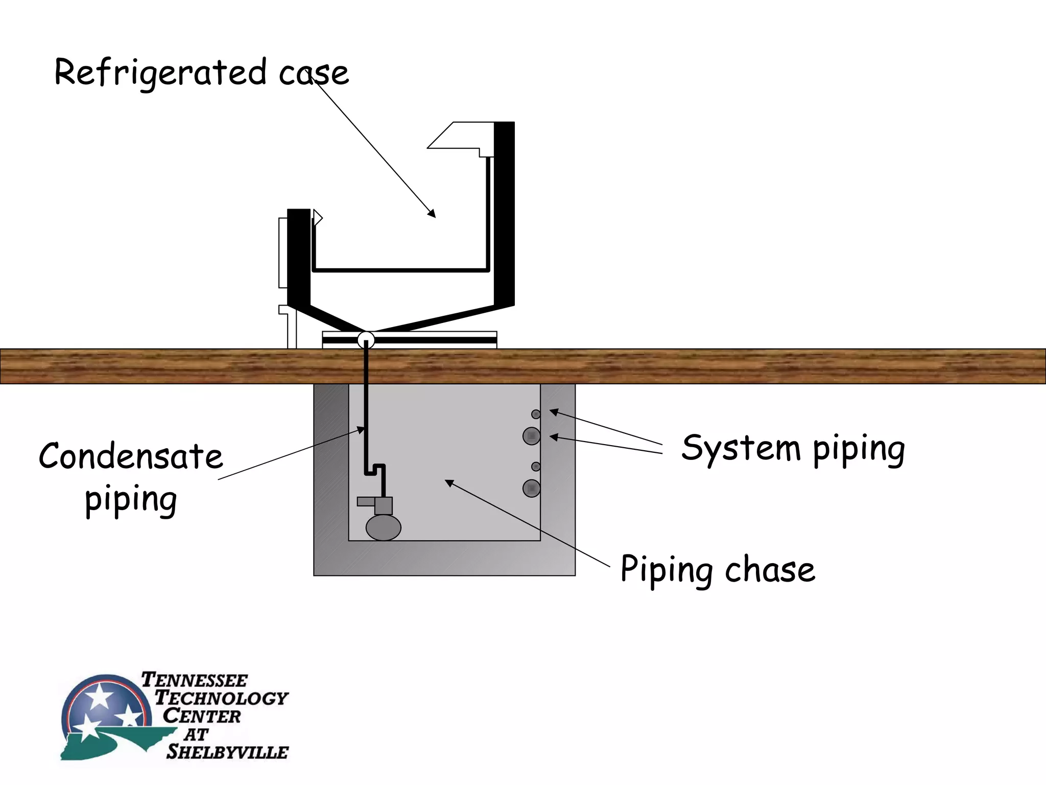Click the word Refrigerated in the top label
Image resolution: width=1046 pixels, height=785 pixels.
tap(160, 73)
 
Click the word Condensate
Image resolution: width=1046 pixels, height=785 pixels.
tap(131, 457)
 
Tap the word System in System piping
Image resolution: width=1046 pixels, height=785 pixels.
tap(741, 448)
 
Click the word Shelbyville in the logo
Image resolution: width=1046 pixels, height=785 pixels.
tap(227, 752)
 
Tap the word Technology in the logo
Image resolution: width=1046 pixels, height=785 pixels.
tap(221, 698)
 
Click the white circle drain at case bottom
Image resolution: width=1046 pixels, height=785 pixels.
tap(366, 339)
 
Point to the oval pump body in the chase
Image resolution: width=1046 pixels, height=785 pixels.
tap(383, 527)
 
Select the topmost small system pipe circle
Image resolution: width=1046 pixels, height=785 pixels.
tap(536, 414)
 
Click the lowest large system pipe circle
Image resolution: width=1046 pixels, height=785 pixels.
tap(532, 489)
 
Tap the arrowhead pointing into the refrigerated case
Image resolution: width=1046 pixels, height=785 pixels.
tap(432, 214)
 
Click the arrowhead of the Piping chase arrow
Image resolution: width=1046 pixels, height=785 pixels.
tap(449, 482)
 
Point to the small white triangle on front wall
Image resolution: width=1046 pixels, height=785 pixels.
tap(318, 218)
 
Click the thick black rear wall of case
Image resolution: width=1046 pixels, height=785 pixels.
tap(504, 215)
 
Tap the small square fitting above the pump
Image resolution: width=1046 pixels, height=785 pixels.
tap(383, 505)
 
